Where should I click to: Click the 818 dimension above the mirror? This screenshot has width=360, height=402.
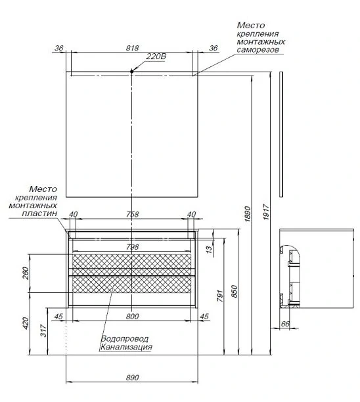pos(132,48)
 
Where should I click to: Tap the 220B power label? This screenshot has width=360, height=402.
pos(156,56)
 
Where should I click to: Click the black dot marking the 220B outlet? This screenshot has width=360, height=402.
pos(132,72)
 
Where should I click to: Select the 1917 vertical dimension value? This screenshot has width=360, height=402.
pos(266,212)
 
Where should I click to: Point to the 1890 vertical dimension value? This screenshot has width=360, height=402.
pos(248,213)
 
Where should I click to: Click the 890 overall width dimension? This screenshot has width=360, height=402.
pos(132,378)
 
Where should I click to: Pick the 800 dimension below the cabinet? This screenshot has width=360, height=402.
pos(132,317)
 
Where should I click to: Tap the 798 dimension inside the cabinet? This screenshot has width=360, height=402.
pos(132,247)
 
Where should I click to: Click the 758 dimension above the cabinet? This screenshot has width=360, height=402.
pos(132,214)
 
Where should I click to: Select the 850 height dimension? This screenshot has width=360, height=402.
pos(235,292)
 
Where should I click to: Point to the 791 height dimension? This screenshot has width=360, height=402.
pos(220,296)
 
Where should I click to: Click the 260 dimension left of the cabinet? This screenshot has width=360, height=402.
pos(26,273)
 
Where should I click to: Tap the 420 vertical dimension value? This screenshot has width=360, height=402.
pos(26,324)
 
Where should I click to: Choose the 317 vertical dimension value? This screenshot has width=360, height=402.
pos(43,330)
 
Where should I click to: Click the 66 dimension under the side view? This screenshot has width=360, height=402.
pos(285,324)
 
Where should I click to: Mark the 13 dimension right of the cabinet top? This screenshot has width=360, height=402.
pos(210,249)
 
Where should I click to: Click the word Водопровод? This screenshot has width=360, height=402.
pos(125,339)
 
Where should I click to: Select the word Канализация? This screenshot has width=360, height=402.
pos(126,347)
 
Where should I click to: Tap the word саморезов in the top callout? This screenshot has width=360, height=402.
pos(258,49)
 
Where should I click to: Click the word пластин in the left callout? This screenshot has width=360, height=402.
pos(39,213)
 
